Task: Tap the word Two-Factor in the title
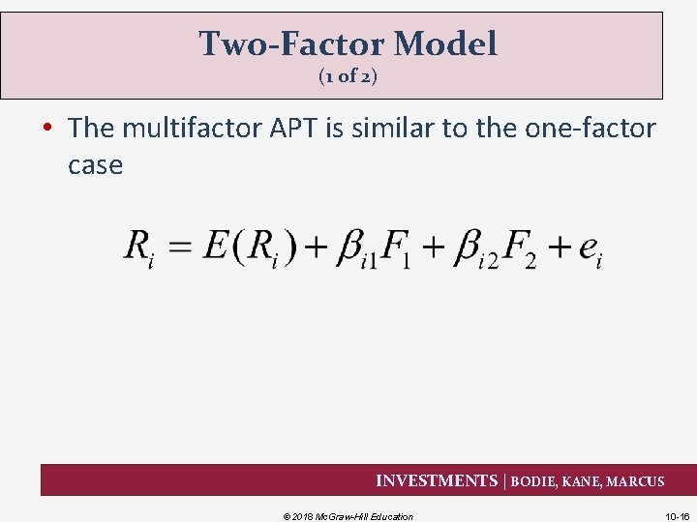click(289, 43)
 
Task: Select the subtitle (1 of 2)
click(348, 77)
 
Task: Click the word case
click(95, 165)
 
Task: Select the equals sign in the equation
click(179, 247)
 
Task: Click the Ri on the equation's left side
click(139, 249)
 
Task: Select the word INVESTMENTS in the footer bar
click(436, 481)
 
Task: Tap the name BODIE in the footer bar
click(534, 481)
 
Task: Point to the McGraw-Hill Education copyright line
click(348, 516)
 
